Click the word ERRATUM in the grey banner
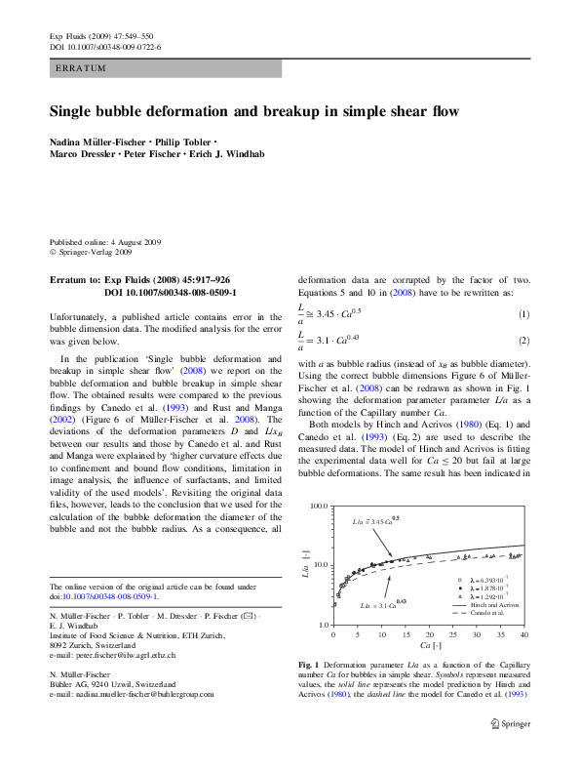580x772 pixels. (81, 69)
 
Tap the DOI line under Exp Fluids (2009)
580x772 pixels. (104, 46)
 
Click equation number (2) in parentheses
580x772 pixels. (523, 341)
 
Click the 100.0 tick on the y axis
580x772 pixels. (317, 508)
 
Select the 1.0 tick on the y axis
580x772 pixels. (321, 624)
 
